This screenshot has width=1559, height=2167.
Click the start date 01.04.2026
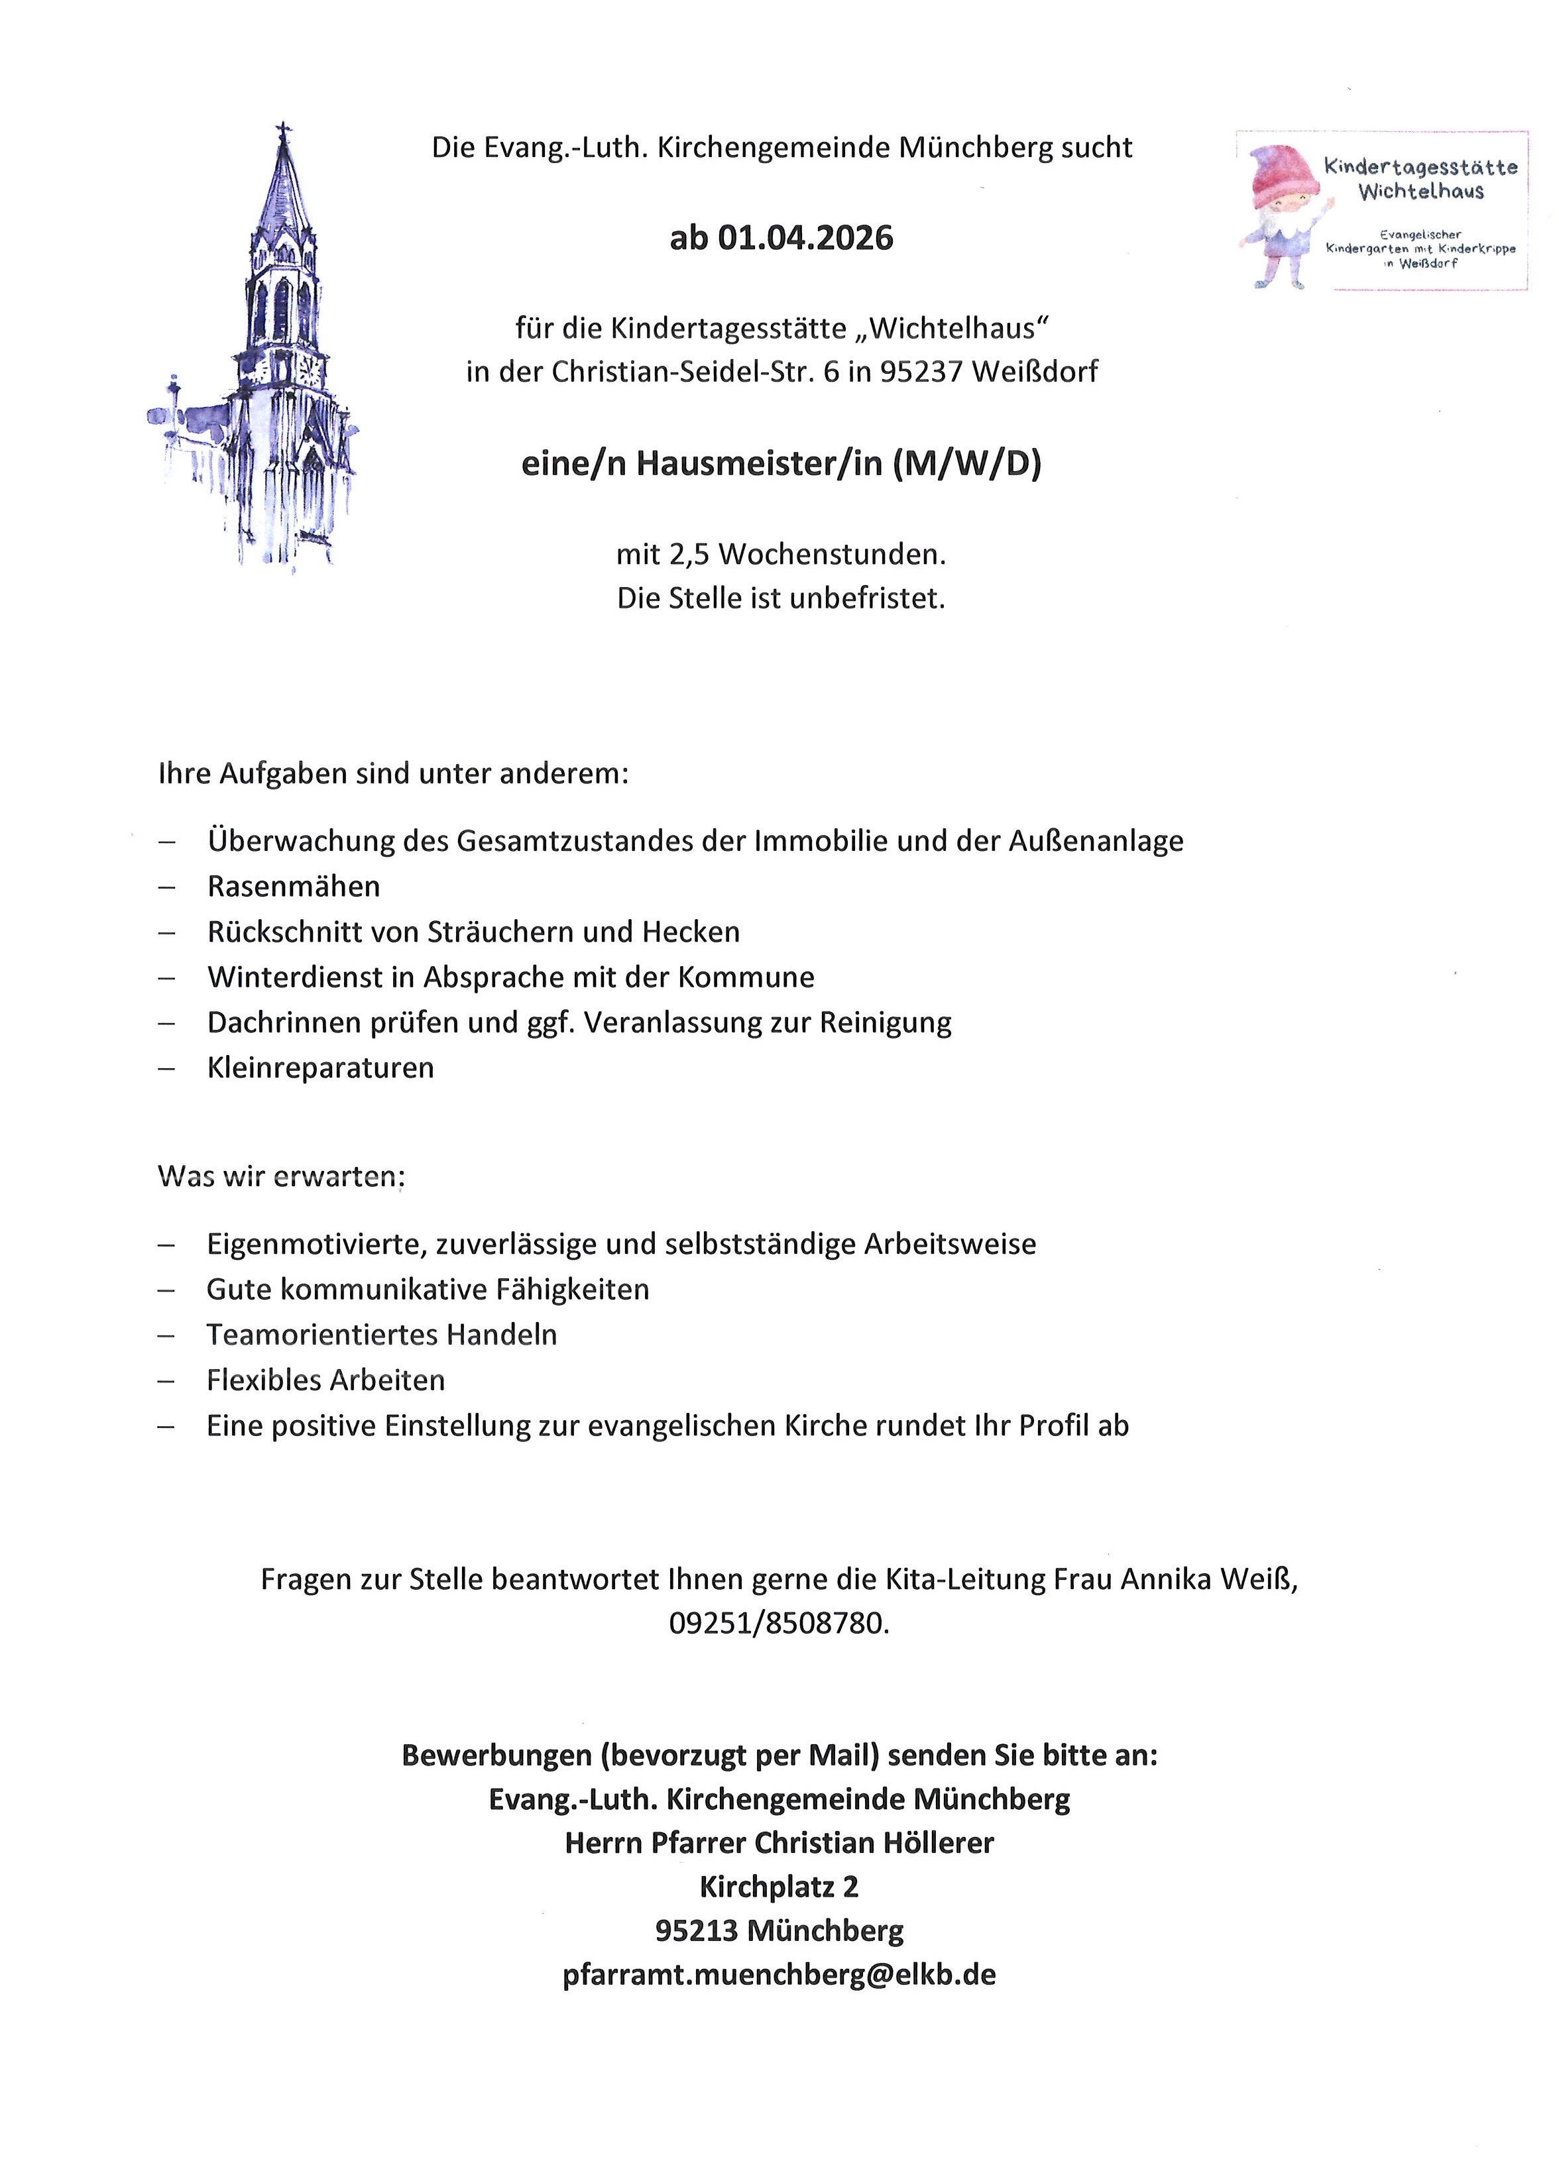tap(805, 237)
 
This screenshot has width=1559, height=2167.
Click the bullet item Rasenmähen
tap(294, 887)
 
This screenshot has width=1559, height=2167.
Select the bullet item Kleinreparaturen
tap(320, 1068)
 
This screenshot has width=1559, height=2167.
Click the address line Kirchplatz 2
tap(779, 1887)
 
